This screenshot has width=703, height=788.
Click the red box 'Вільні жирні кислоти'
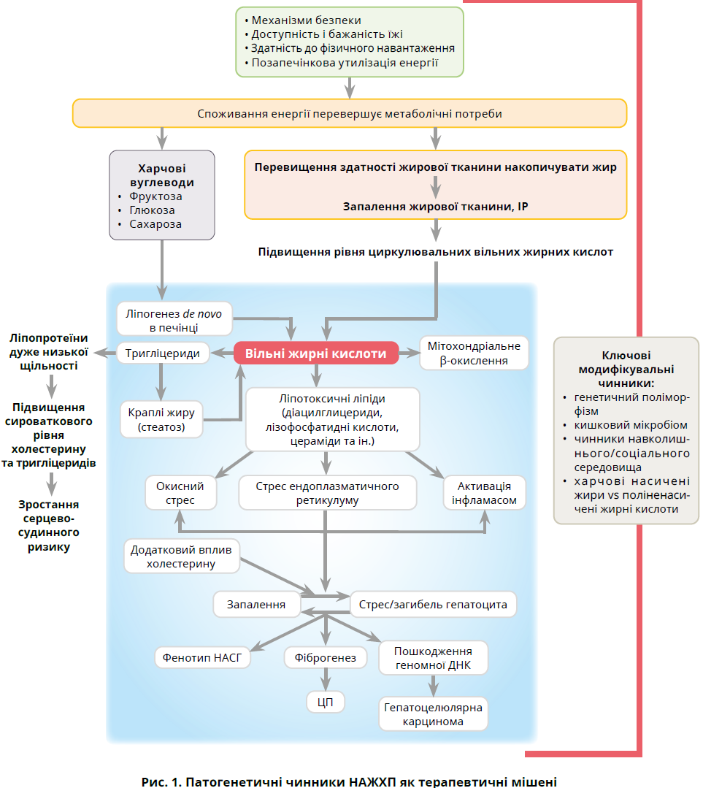pos(315,353)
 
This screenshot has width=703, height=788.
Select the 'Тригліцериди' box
pos(163,353)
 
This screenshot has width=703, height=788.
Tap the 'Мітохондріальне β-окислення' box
pos(475,353)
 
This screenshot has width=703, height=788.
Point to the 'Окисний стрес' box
pos(180,494)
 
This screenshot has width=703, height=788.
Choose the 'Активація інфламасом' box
pos(484,494)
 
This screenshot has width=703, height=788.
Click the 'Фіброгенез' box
pos(325,658)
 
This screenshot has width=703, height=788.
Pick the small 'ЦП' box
pos(325,701)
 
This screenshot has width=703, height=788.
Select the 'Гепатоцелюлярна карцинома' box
pos(433,714)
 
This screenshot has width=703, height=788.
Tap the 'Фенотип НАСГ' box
pos(203,657)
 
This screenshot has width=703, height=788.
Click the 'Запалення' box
pos(256,605)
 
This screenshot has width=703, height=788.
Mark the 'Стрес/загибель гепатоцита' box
pos(434,605)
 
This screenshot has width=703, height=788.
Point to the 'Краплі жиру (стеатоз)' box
pos(161,420)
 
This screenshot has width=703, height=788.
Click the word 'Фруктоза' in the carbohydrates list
pos(155,196)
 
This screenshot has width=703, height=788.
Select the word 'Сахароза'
pos(155,224)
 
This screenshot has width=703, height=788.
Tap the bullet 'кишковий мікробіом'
pos(630,424)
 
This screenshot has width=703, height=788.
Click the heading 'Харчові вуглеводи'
pos(161,175)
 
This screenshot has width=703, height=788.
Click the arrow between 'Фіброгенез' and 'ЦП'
pos(325,679)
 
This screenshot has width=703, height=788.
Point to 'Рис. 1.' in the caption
pos(163,781)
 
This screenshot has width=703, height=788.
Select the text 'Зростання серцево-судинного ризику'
pos(50,525)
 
